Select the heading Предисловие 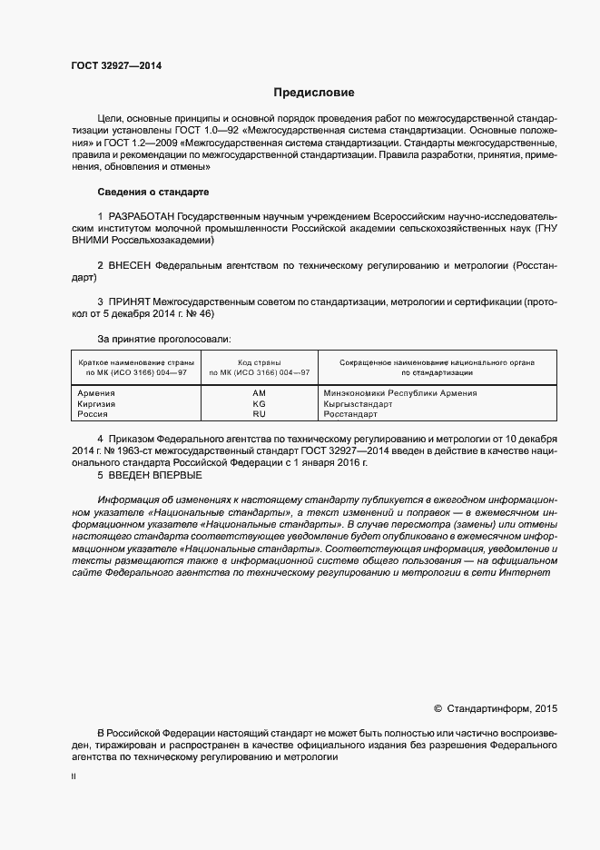click(x=314, y=93)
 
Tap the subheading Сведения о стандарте click(x=152, y=193)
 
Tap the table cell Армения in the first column click(x=96, y=393)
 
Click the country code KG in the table click(x=259, y=404)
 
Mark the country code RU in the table click(x=259, y=415)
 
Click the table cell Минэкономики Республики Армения click(x=400, y=393)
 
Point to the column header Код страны click(x=259, y=362)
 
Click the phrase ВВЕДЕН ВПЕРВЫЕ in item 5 click(x=155, y=475)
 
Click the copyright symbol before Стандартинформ click(x=438, y=707)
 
